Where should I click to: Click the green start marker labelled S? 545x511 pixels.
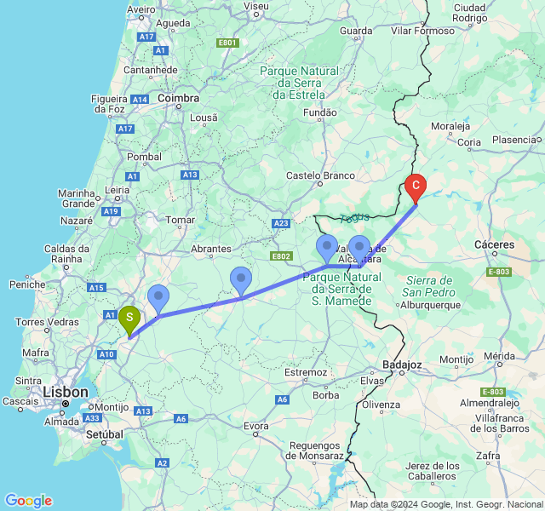coord(129,319)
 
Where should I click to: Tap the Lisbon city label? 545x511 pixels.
coord(66,393)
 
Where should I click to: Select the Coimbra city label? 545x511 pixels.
coord(179,99)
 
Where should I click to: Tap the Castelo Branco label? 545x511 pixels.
coord(320,175)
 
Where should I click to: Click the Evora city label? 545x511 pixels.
coord(256,426)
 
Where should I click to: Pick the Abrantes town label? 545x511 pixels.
coord(211,250)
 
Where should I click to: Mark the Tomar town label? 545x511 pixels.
coord(181,220)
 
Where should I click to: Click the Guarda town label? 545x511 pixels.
coord(356,32)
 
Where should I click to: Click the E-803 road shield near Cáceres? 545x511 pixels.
coord(499,272)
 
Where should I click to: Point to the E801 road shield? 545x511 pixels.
coord(227,43)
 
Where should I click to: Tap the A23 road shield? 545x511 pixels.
coord(281,223)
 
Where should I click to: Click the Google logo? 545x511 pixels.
coord(28,501)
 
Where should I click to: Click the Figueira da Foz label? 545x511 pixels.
coord(110,104)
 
